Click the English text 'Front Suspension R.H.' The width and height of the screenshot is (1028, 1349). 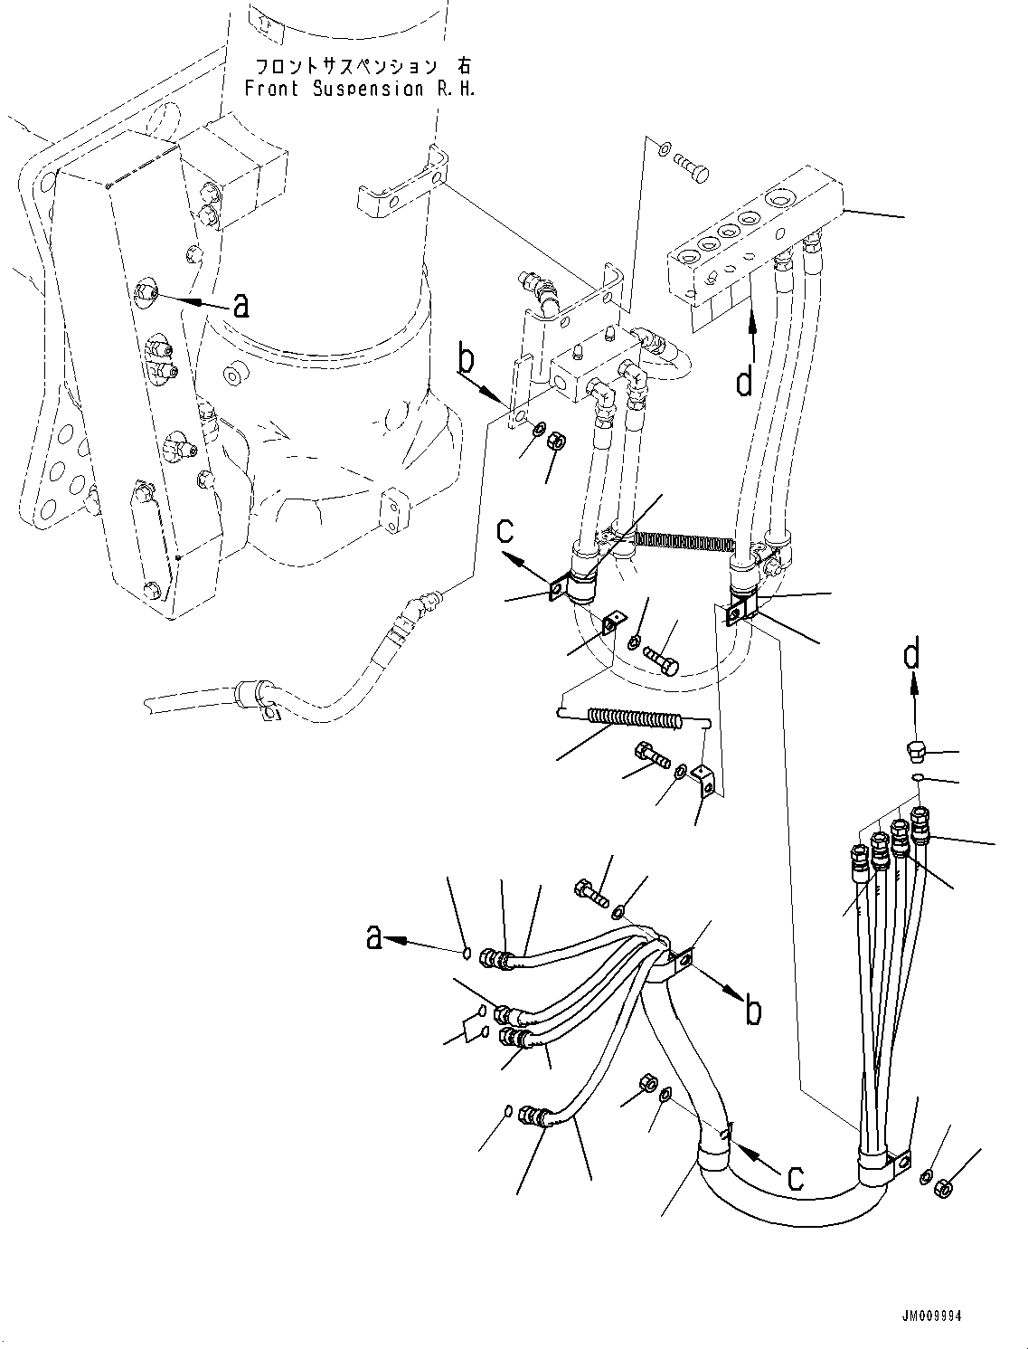point(359,89)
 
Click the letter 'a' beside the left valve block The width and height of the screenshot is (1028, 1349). point(240,307)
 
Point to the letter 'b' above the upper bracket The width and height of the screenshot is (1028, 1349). point(466,361)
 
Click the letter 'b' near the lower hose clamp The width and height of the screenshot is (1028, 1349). point(752,1011)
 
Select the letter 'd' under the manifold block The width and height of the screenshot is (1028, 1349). point(743,383)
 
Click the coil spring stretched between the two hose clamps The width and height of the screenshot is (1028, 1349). point(684,541)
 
